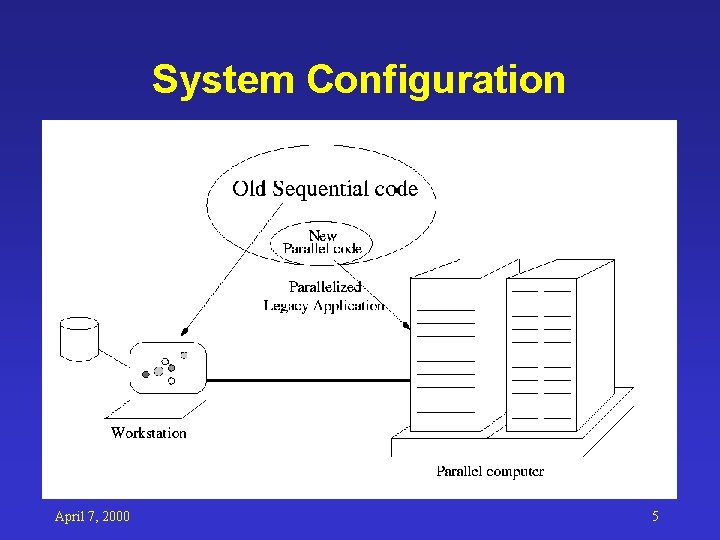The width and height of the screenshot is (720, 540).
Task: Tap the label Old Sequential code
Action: click(x=325, y=188)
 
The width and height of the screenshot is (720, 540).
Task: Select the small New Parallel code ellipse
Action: click(x=322, y=243)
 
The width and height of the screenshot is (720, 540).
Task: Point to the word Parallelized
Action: click(x=324, y=287)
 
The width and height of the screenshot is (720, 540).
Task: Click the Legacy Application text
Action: click(x=324, y=305)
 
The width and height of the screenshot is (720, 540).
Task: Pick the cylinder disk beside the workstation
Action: click(x=79, y=339)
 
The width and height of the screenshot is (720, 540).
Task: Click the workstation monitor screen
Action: click(x=167, y=368)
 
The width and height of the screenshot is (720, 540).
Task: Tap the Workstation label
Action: click(x=148, y=433)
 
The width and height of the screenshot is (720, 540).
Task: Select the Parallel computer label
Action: click(x=490, y=471)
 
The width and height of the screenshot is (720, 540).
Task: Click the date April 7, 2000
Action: click(x=92, y=516)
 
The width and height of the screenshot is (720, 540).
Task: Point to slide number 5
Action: click(x=655, y=516)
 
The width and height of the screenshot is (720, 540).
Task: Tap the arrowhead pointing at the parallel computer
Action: click(x=406, y=325)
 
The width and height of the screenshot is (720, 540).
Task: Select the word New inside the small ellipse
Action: click(x=322, y=236)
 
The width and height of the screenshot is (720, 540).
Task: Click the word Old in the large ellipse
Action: click(x=251, y=188)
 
